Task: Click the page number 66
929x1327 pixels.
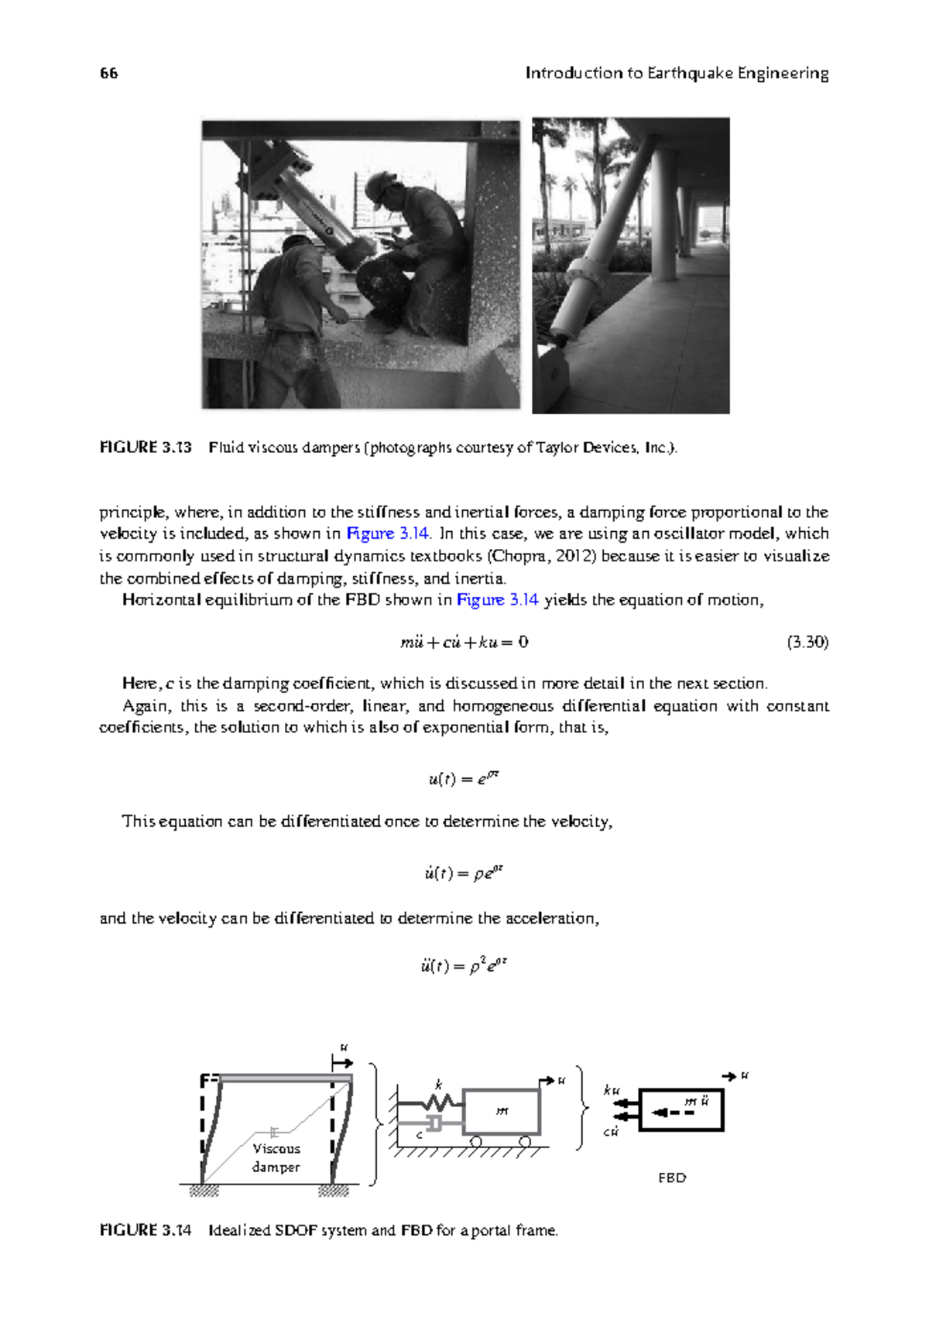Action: (x=108, y=74)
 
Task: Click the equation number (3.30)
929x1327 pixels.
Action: (x=807, y=642)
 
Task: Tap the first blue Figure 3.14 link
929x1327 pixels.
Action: (x=388, y=533)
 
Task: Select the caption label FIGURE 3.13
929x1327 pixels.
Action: (x=145, y=447)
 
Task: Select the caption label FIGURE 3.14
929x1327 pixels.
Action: (x=145, y=1230)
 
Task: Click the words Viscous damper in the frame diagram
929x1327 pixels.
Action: (x=276, y=1157)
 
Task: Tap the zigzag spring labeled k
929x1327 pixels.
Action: (x=440, y=1101)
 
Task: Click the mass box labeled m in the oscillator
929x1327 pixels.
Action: (x=502, y=1112)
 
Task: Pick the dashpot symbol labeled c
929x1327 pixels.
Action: (x=434, y=1123)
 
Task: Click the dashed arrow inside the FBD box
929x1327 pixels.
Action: (x=672, y=1113)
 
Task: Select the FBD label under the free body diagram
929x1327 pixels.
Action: (x=672, y=1178)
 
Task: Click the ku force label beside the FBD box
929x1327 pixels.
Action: (x=612, y=1090)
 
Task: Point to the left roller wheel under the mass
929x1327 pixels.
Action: (x=476, y=1141)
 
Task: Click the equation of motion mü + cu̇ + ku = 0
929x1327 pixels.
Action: (x=464, y=642)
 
